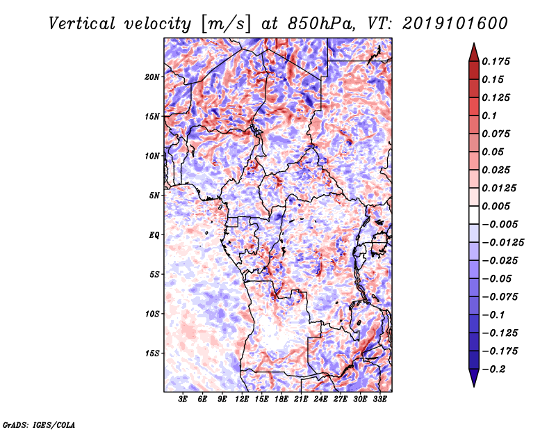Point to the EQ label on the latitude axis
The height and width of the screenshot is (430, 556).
pos(154,235)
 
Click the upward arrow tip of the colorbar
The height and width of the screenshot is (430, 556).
pos(473,45)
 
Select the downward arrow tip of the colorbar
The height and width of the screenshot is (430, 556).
pos(473,385)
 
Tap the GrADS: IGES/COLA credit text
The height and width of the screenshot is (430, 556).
pos(38,424)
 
